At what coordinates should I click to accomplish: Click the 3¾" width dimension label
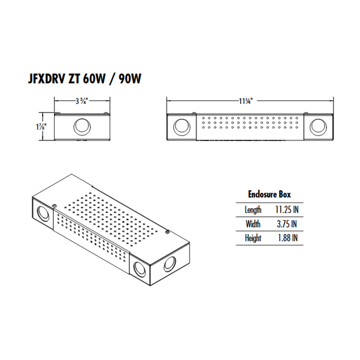[x=81, y=101]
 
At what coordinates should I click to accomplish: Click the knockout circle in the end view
[x=81, y=126]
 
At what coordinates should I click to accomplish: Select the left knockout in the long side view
[x=181, y=127]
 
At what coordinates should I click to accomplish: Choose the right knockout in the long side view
[x=317, y=127]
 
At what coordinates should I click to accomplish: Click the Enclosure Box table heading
[x=269, y=194]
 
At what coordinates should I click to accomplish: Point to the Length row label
[x=253, y=210]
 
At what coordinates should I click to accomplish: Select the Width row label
[x=253, y=224]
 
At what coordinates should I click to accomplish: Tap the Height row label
[x=253, y=238]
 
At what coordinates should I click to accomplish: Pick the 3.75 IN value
[x=285, y=224]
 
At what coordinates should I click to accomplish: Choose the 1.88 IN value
[x=285, y=238]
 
